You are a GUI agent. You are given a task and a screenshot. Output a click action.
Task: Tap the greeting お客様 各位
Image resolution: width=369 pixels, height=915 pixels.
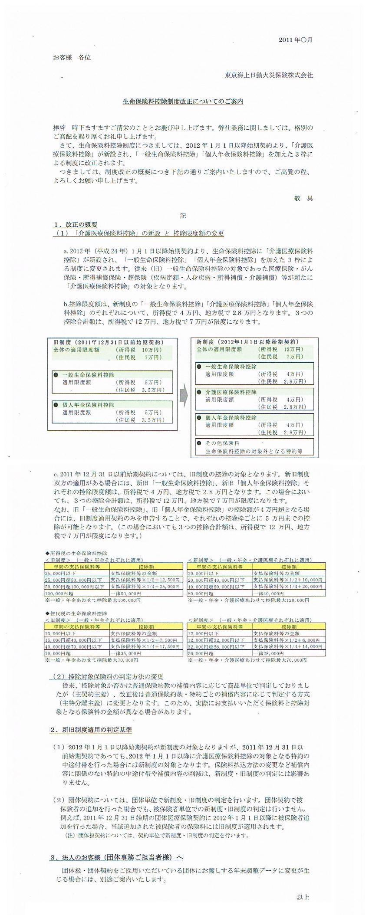[72, 57]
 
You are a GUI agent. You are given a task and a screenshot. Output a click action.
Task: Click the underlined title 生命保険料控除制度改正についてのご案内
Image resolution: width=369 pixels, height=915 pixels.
[183, 102]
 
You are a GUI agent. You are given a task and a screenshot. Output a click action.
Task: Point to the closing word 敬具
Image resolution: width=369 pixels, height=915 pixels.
[303, 198]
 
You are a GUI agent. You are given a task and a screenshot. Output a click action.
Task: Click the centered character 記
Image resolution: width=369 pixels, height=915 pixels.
[183, 216]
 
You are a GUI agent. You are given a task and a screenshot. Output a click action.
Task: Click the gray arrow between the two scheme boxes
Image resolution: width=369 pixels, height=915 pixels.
[184, 394]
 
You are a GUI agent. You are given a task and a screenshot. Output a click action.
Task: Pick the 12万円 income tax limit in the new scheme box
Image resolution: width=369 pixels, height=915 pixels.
[293, 349]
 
